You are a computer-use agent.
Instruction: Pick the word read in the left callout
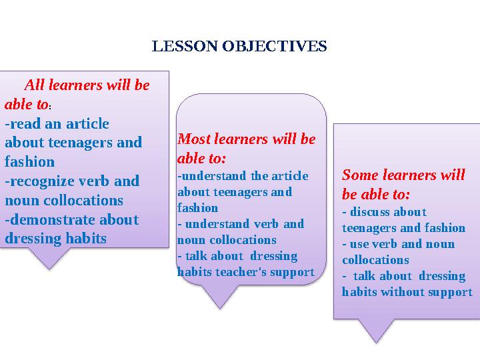[x=24, y=124]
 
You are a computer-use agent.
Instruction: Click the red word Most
[x=193, y=139]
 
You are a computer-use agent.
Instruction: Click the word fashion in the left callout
[x=29, y=161]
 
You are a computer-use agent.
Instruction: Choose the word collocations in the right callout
[x=375, y=260]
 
